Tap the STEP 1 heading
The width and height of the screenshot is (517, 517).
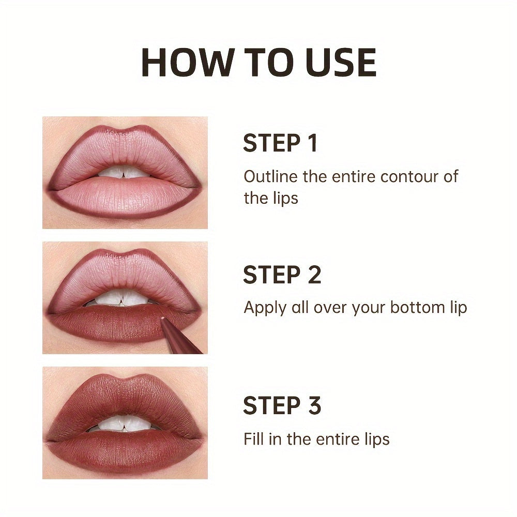[x=280, y=144]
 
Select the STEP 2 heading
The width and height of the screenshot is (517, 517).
[x=282, y=275]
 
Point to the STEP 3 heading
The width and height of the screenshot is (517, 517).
[x=282, y=406]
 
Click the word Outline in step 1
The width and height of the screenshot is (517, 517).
[x=271, y=176]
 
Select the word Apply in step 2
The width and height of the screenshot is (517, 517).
[x=264, y=308]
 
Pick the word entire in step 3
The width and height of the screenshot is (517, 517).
[x=330, y=439]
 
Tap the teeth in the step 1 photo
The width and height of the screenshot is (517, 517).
[x=124, y=172]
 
